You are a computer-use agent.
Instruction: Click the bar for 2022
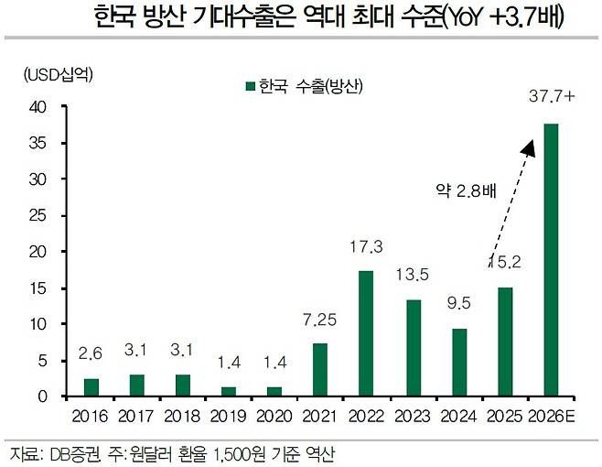point(365,333)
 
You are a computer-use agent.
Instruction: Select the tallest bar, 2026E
point(551,260)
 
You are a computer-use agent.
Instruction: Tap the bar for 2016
point(91,387)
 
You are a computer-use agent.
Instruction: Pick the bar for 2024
point(458,363)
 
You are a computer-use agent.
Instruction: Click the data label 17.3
point(365,247)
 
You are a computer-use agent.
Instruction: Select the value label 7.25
point(319,320)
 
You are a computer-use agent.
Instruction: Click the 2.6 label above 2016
point(91,353)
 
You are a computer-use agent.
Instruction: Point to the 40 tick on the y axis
point(38,107)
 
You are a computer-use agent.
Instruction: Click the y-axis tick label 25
point(38,215)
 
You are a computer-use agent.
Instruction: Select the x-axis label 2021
point(319,417)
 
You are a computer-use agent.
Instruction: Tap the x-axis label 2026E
point(552,417)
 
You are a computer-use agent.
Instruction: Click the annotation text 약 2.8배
point(463,190)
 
